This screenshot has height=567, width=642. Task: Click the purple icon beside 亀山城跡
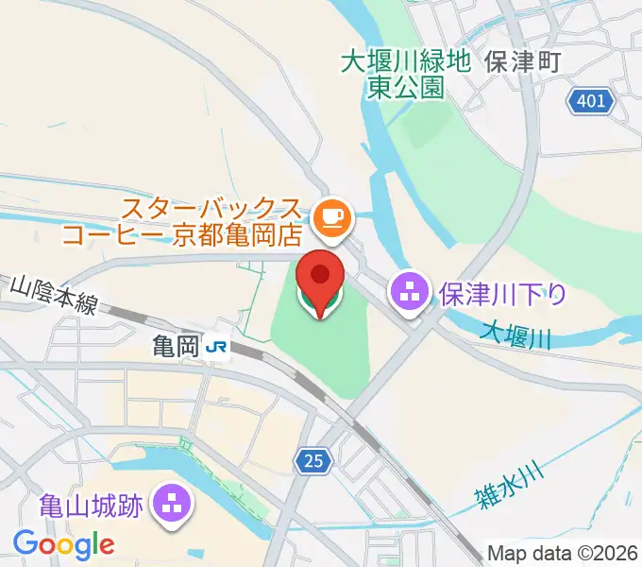tap(173, 505)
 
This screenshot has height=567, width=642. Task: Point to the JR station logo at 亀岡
tap(216, 348)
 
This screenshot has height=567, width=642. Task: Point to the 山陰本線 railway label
tap(55, 294)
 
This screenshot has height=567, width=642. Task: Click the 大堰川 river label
tap(515, 334)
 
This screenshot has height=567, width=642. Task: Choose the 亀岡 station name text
tap(175, 348)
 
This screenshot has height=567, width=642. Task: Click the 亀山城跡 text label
tap(92, 506)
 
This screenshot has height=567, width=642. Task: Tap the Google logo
tap(63, 545)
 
